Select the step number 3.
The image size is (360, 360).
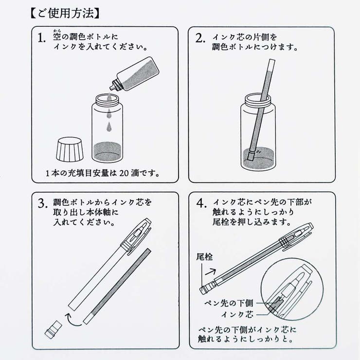[44, 204]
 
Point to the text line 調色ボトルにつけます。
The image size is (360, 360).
[255, 48]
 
